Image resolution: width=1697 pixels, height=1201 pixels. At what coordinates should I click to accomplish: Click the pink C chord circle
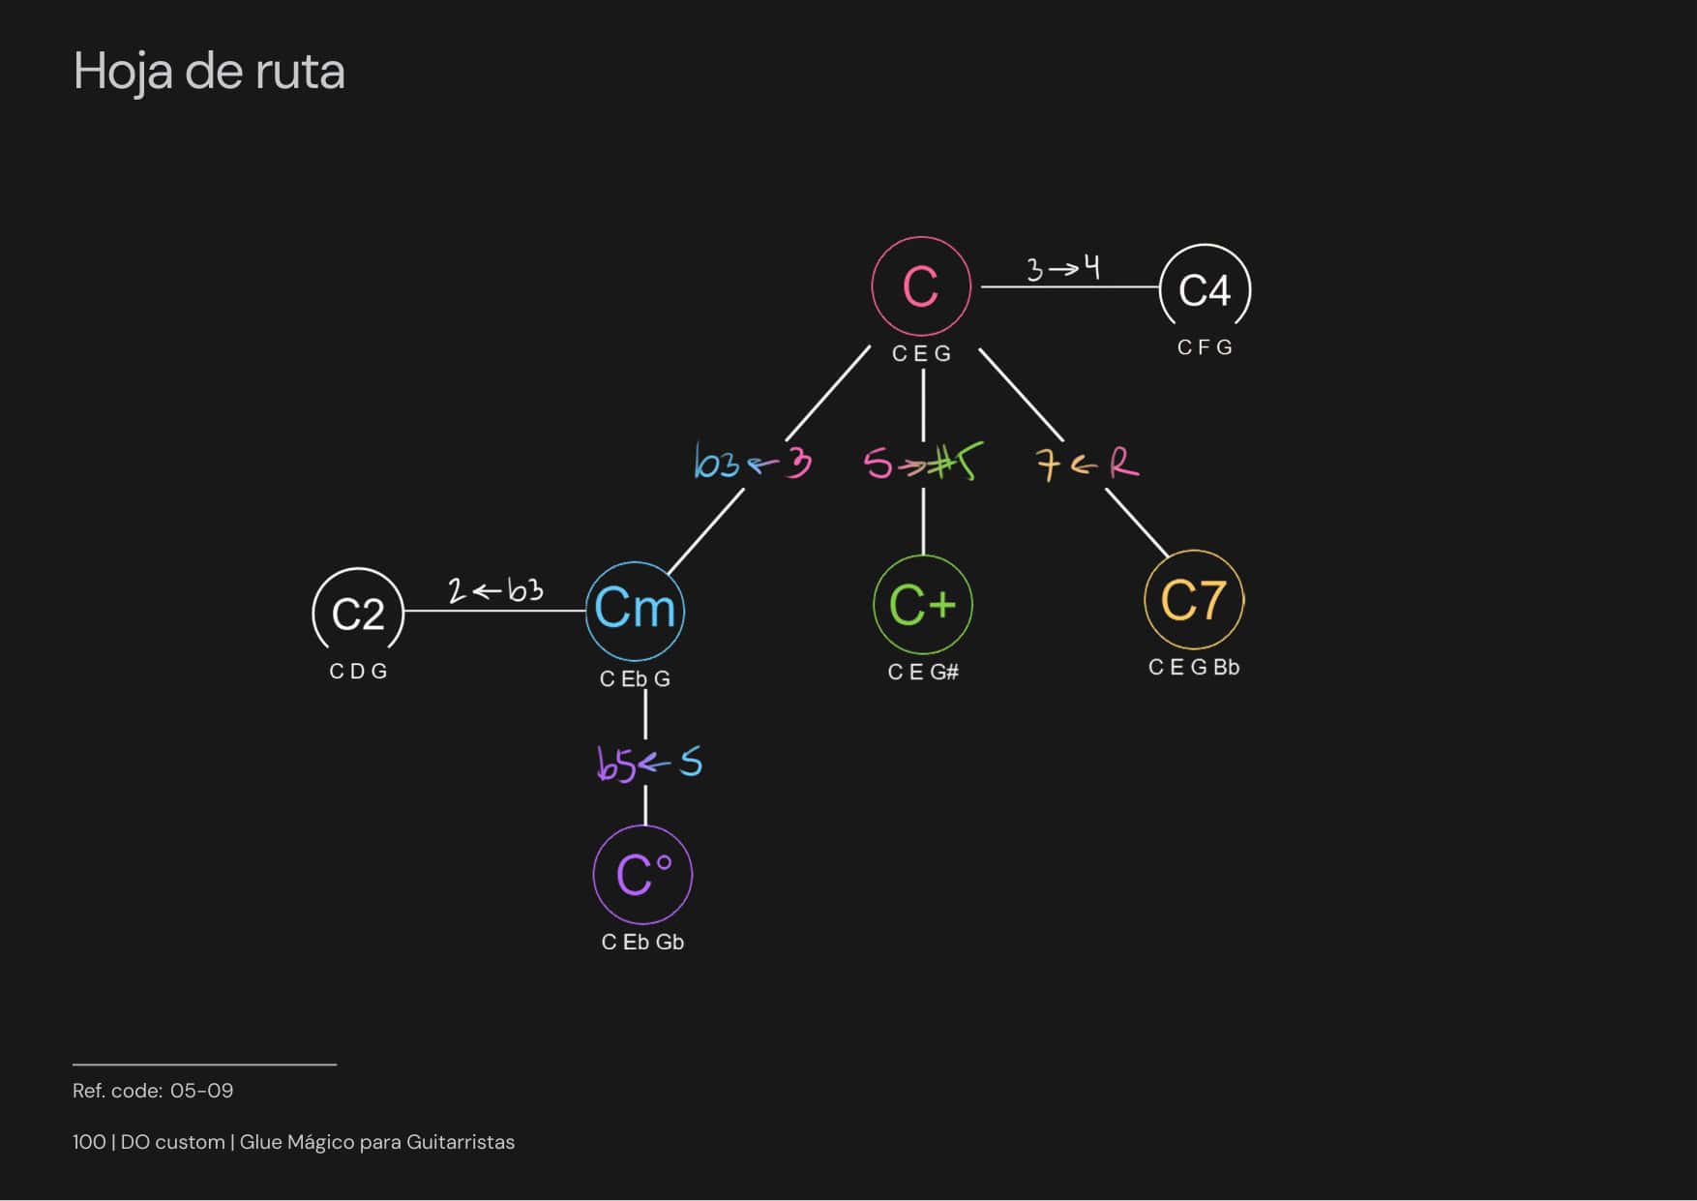(920, 285)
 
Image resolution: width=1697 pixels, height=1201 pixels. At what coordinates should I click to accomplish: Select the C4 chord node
(1205, 289)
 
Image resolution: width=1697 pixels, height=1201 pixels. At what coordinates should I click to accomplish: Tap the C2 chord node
(358, 613)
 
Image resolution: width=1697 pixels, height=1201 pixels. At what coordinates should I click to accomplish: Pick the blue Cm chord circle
(635, 610)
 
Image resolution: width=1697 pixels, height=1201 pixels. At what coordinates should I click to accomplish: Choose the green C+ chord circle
(922, 605)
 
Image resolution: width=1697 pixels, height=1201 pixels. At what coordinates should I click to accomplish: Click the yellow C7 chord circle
(1193, 600)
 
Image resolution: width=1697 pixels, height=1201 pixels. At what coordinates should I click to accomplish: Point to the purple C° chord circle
(642, 875)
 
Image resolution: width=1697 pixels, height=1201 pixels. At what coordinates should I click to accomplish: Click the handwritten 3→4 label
(1063, 267)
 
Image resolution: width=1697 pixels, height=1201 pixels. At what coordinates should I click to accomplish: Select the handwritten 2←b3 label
(495, 589)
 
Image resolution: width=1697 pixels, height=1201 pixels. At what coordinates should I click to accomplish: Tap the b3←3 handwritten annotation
(753, 464)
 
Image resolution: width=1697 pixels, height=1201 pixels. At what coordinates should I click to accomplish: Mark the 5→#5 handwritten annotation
(923, 463)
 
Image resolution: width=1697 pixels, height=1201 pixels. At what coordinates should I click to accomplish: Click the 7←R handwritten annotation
(1087, 465)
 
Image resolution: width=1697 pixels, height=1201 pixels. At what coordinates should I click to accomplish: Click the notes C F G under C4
(1205, 347)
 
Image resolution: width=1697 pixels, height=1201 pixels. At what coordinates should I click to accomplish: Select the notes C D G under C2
(358, 672)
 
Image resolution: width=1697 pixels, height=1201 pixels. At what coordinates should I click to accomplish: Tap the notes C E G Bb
(1193, 668)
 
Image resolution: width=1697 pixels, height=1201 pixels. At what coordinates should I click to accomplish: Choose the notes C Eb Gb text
(642, 943)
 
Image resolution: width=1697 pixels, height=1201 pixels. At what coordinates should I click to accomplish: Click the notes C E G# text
(923, 672)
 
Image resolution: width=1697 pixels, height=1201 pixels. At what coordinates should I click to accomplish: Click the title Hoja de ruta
(209, 72)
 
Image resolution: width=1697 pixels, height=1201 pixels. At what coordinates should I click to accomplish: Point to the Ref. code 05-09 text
(153, 1091)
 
